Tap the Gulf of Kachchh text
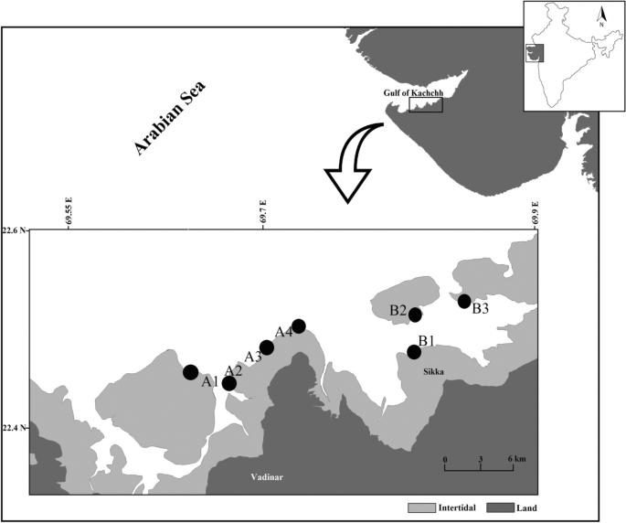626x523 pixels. click(411, 92)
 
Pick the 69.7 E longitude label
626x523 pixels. click(263, 211)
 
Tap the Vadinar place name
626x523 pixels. click(270, 477)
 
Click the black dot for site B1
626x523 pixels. click(414, 352)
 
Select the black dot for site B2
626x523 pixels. click(415, 315)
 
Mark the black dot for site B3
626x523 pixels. click(464, 301)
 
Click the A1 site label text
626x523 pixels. click(209, 380)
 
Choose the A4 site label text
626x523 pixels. click(284, 332)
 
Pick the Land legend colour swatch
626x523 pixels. click(501, 506)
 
